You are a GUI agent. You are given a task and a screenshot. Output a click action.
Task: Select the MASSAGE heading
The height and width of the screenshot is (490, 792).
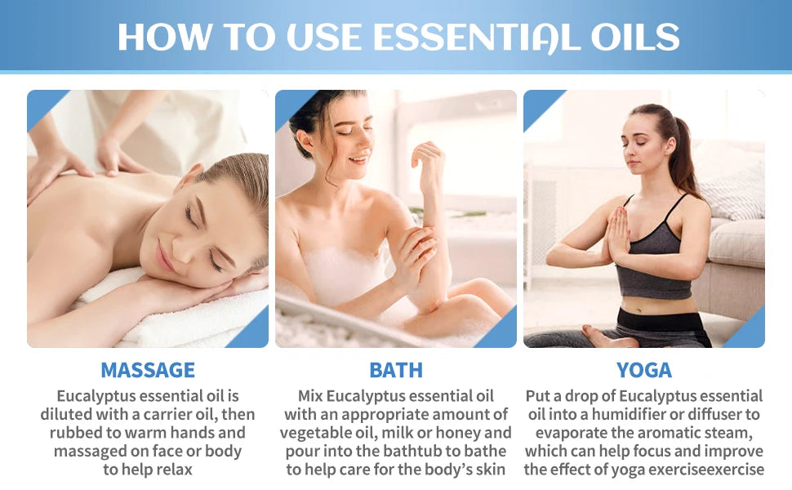click(x=148, y=370)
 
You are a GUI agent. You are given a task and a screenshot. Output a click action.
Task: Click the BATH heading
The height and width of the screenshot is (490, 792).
click(x=396, y=370)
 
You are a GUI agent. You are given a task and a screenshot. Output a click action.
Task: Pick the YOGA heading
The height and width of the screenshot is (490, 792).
click(x=644, y=370)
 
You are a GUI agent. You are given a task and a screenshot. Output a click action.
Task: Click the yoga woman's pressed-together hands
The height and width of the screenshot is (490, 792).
click(x=618, y=233)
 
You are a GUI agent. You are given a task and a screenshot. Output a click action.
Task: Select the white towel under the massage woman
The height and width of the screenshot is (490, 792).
click(x=188, y=323)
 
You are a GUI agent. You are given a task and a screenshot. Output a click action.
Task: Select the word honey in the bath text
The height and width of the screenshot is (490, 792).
click(x=488, y=433)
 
